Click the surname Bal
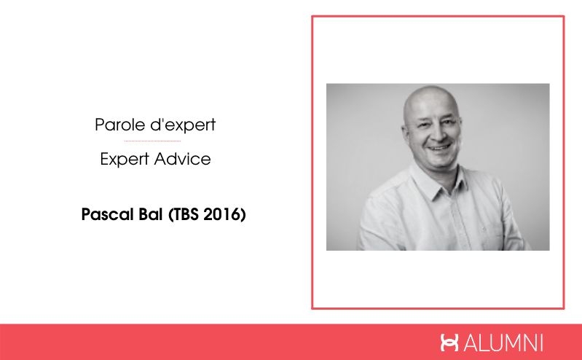point(151,216)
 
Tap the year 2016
point(223,216)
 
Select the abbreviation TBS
point(186,216)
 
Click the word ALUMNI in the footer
point(503,343)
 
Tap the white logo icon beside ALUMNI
point(450,343)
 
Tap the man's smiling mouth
point(439,146)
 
